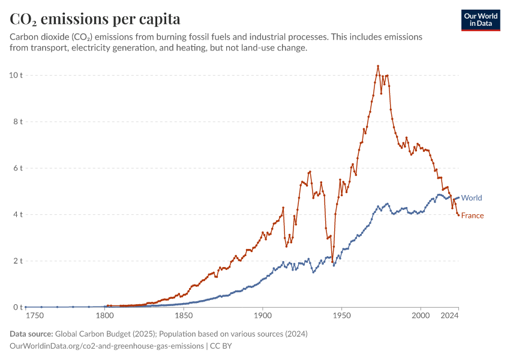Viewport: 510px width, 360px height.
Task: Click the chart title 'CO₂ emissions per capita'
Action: tap(95, 19)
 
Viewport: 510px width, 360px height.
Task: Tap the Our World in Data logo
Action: tap(480, 20)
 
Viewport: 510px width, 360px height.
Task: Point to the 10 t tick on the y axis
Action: tap(16, 75)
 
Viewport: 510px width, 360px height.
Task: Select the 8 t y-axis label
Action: tap(17, 122)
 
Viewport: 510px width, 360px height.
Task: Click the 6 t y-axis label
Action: tap(17, 168)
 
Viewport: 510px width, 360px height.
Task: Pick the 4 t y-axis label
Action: tap(17, 214)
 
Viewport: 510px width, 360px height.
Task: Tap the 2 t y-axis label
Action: tap(17, 261)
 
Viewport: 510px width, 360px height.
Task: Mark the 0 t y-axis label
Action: tap(17, 307)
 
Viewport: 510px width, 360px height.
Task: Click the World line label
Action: tap(472, 198)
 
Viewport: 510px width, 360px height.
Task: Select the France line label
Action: tap(472, 215)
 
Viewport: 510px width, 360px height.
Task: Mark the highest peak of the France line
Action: tap(378, 66)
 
